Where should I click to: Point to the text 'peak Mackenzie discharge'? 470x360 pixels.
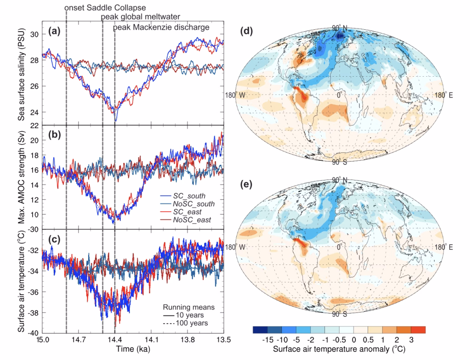coord(161,28)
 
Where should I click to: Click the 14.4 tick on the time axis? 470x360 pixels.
coord(115,341)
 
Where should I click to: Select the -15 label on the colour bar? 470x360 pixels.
coord(268,340)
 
